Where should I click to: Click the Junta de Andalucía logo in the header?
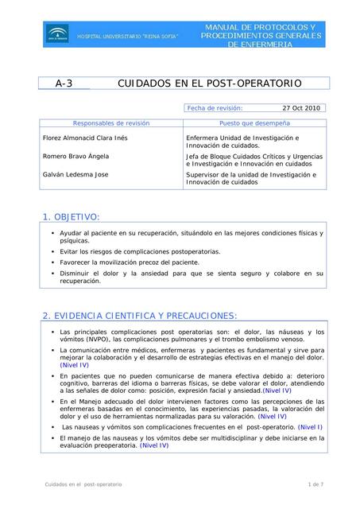(56, 33)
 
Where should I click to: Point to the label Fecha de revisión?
(215, 107)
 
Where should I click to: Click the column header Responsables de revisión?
(110, 123)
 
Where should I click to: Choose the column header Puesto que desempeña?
(254, 123)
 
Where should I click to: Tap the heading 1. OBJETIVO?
(71, 216)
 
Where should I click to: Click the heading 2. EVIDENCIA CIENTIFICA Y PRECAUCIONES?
(140, 316)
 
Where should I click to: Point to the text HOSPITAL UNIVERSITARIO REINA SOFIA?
(139, 37)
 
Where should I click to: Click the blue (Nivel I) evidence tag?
(310, 427)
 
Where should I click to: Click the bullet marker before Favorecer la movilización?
(52, 262)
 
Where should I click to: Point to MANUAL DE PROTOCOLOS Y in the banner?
(261, 28)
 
